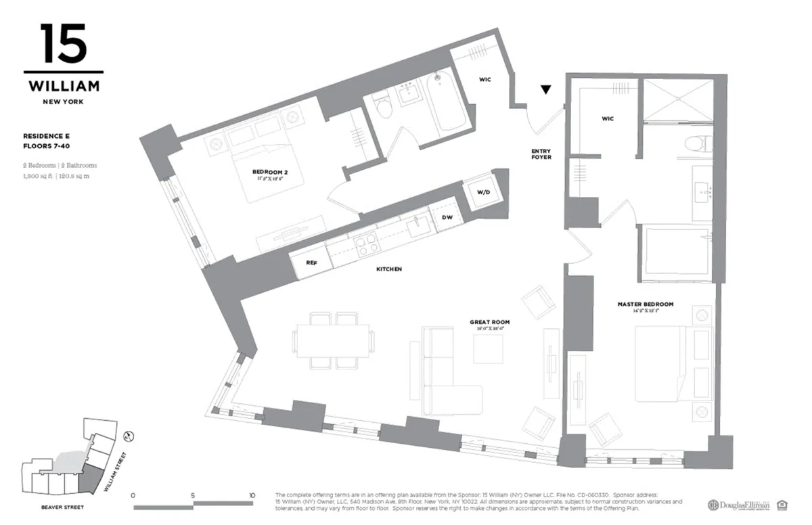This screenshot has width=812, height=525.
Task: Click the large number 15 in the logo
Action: [64, 44]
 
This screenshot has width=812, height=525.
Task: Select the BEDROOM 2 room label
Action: [263, 173]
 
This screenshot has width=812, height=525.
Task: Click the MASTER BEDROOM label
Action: [645, 304]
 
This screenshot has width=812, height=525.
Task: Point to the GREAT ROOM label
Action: [489, 322]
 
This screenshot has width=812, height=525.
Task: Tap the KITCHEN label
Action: [389, 269]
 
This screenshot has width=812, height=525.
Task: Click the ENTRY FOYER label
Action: [541, 154]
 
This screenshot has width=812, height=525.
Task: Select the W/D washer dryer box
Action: [483, 192]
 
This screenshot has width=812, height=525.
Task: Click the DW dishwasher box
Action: [447, 218]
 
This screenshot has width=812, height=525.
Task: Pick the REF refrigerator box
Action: [311, 262]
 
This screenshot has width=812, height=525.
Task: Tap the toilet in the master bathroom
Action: [698, 143]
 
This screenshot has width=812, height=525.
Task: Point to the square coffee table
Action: [488, 349]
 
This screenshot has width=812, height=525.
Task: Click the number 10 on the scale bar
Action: [252, 495]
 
